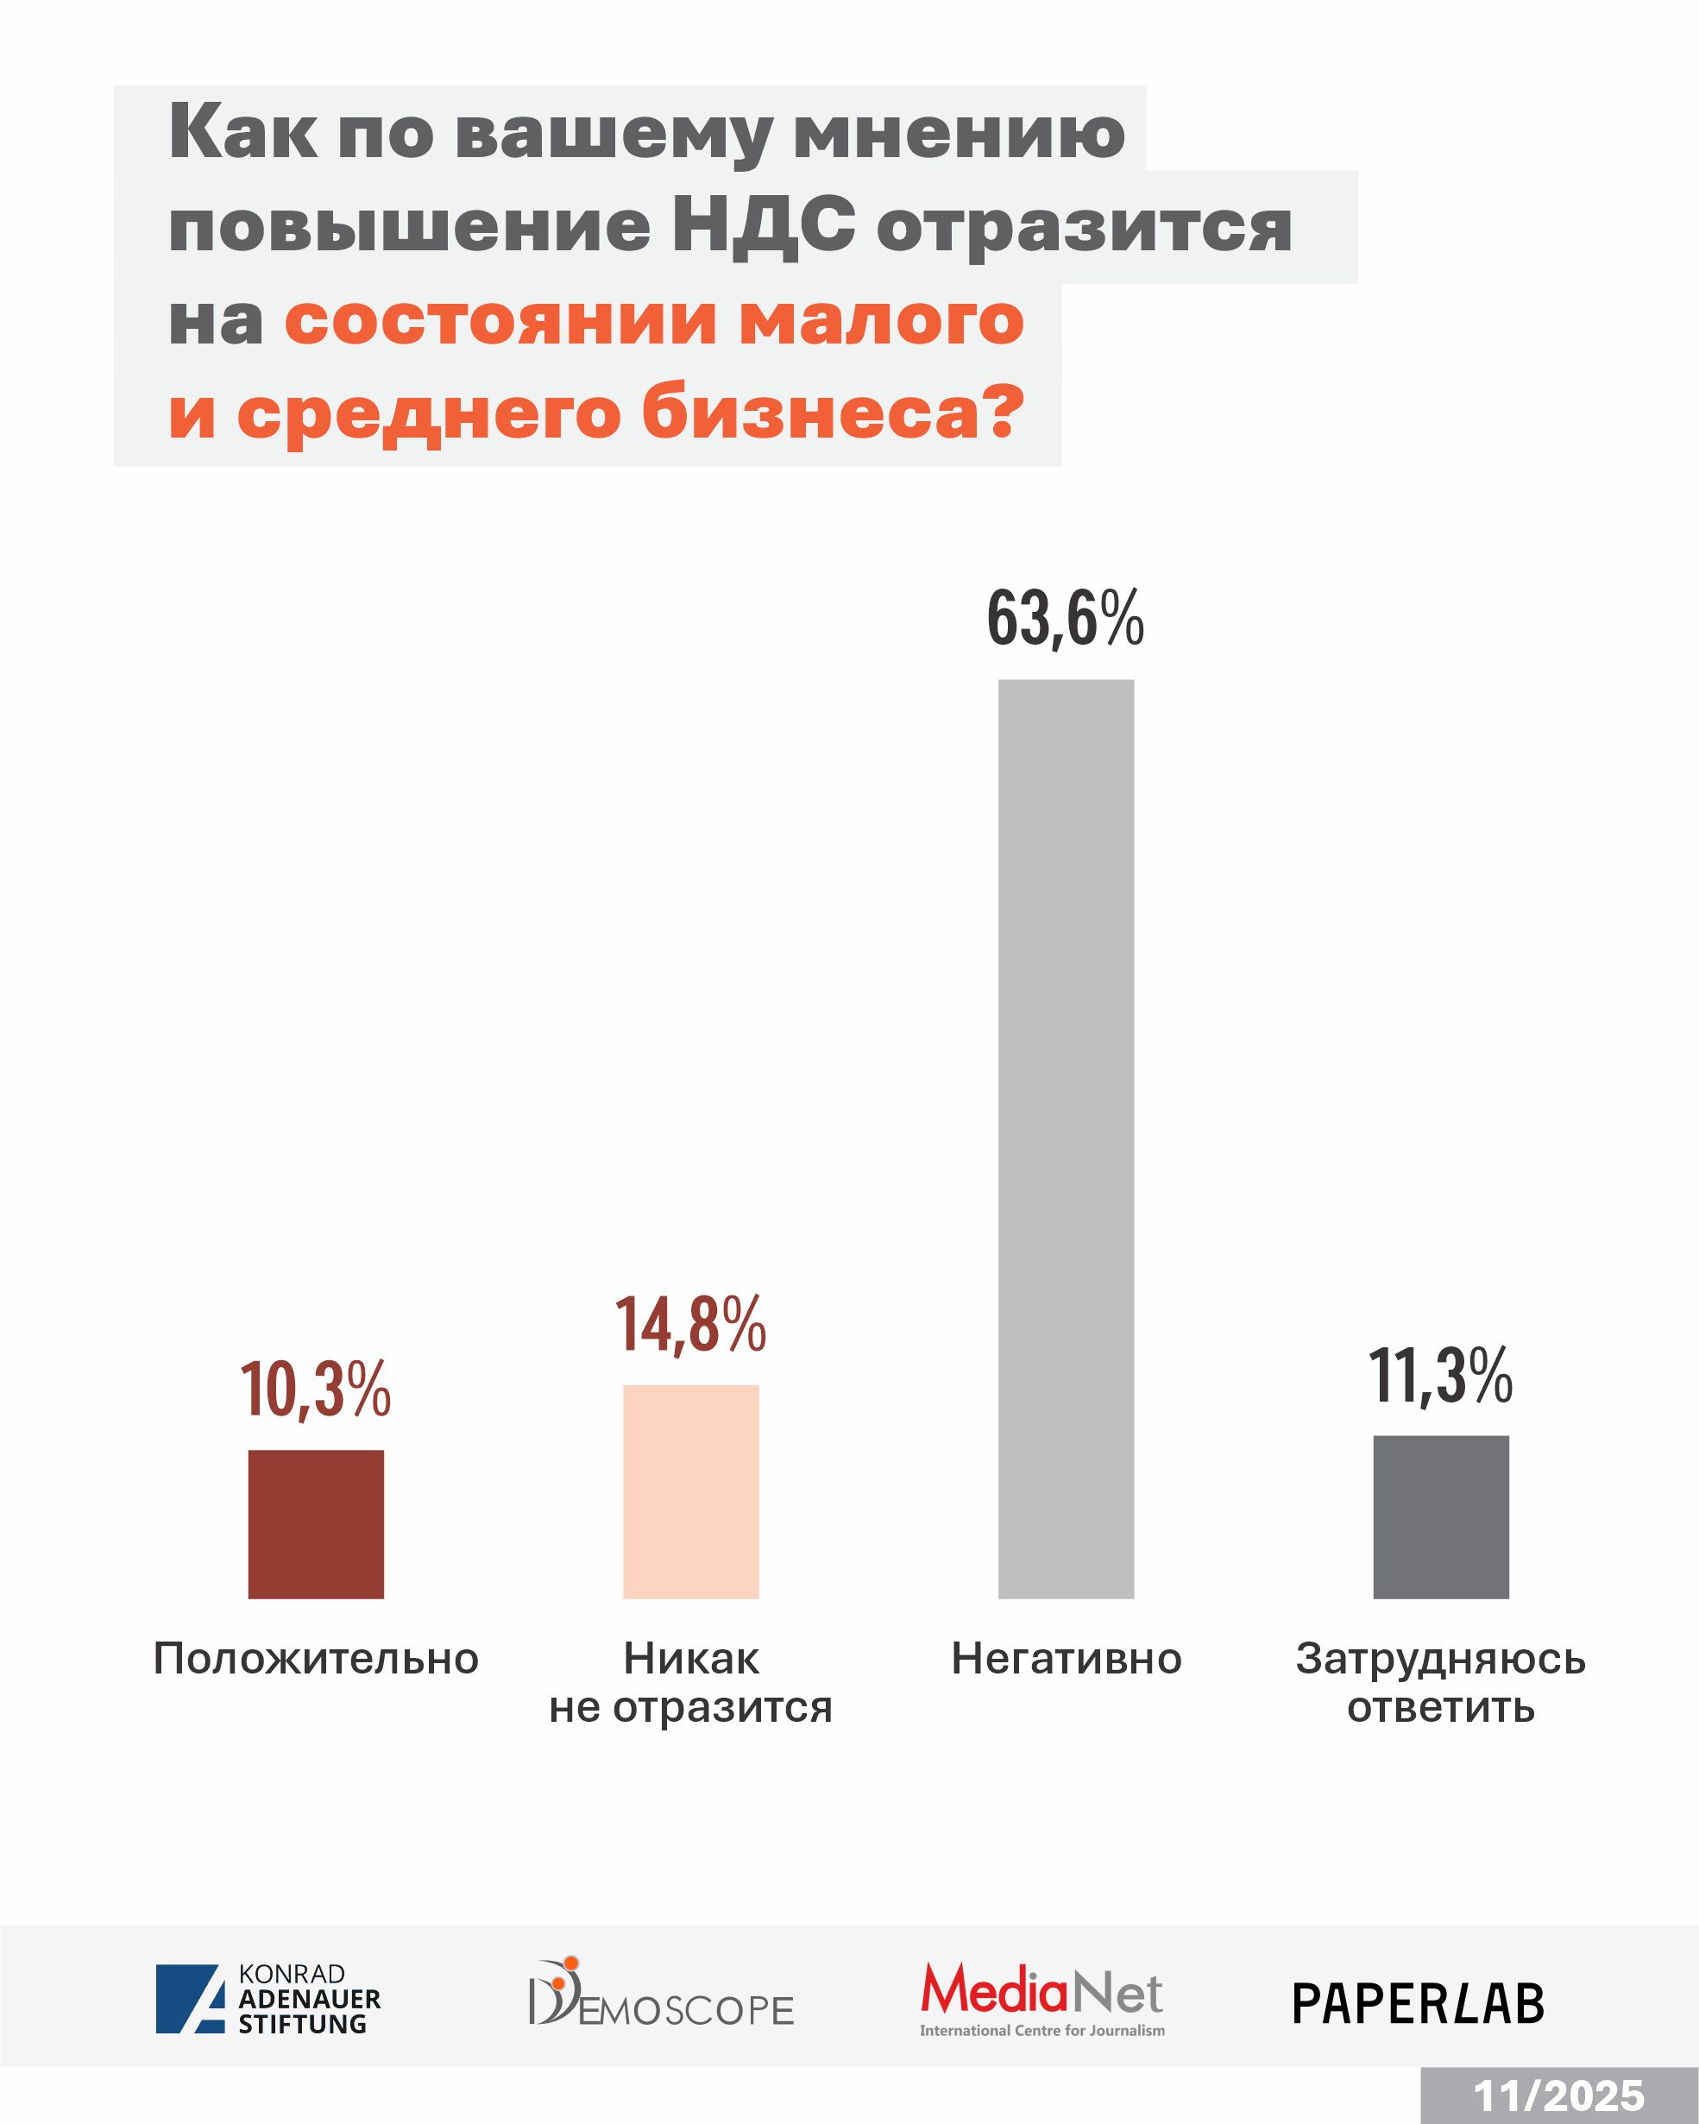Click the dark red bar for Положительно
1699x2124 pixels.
point(315,1524)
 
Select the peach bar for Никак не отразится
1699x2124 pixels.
point(690,1491)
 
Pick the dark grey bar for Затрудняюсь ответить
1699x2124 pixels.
point(1441,1517)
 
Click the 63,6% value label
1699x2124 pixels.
point(1066,619)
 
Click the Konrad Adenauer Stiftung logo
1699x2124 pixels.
point(267,1999)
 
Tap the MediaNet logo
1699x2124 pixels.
point(1042,1998)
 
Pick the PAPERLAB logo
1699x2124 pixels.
point(1419,2004)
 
